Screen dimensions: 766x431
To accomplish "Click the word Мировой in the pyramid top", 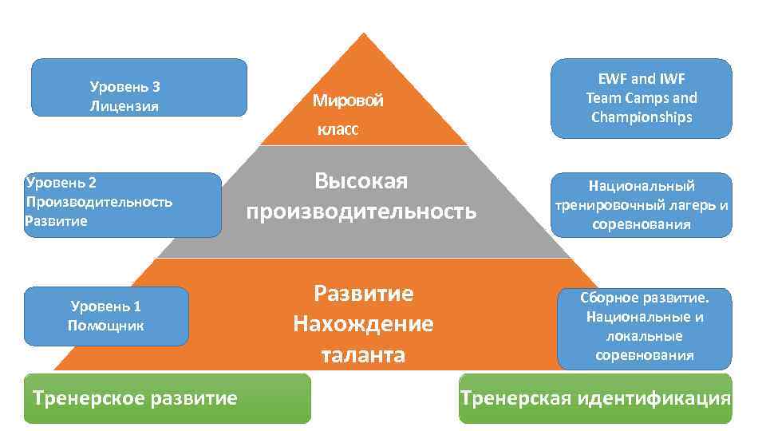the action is tap(347, 101).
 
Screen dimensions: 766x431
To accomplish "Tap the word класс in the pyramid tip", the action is tap(337, 129).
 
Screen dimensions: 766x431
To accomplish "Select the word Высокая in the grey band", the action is tap(361, 182).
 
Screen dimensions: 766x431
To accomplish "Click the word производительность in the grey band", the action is tap(361, 212).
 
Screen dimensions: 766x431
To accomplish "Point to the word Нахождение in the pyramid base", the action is tap(363, 324).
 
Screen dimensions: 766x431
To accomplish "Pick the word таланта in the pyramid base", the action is tap(363, 354).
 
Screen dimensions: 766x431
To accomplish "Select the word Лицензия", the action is tap(124, 105).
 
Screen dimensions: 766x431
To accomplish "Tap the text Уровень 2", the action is tap(61, 182).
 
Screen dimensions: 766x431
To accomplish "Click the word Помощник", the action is tap(106, 326).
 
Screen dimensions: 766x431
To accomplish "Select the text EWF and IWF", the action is tap(642, 79).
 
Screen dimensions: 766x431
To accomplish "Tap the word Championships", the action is tap(642, 117).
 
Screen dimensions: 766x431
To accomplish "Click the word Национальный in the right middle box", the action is tap(642, 186).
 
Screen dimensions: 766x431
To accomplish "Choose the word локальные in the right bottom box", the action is tap(644, 336).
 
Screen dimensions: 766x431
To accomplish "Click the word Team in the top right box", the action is tap(602, 98).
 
